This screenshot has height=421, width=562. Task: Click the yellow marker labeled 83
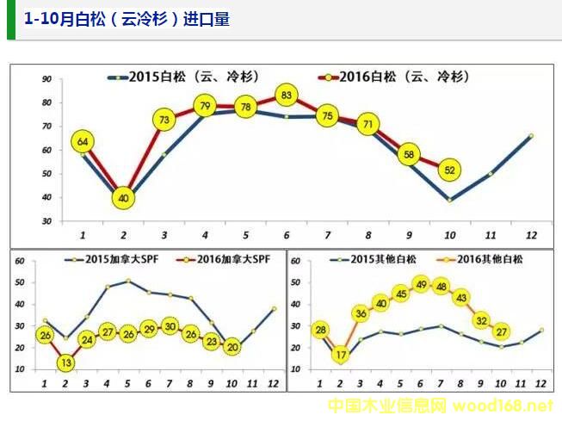287,95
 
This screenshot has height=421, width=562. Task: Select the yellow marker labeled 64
83,141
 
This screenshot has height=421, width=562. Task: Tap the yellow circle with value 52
449,170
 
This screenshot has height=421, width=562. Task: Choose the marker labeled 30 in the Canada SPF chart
170,327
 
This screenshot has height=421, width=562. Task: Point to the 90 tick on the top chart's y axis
46,79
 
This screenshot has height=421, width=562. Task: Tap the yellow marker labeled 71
368,124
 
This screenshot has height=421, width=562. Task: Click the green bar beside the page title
10,20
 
